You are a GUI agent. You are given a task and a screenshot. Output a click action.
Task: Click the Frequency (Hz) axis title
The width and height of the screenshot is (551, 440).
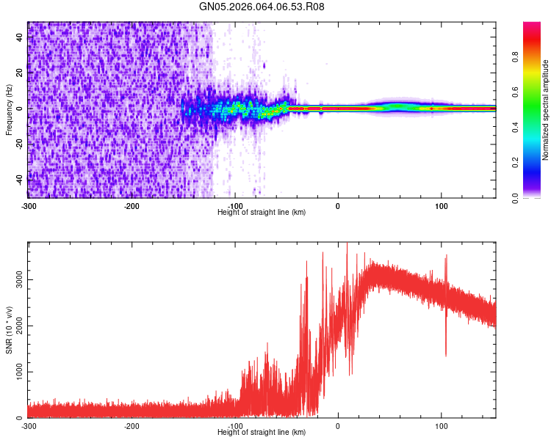pos(9,109)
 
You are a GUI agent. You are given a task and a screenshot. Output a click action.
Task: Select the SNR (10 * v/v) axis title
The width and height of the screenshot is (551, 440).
pos(9,329)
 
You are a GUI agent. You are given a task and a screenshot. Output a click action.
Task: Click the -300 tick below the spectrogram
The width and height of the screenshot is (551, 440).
pos(29,206)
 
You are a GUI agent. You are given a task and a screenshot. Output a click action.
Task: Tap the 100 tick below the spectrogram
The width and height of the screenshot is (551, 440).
pos(442,206)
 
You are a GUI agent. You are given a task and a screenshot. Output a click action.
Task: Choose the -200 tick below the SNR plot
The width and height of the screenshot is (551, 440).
pos(132,426)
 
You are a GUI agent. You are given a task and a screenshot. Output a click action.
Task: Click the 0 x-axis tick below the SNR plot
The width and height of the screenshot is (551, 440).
pos(338,426)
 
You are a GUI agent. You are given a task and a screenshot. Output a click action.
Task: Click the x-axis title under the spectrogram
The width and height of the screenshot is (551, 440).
pos(262,212)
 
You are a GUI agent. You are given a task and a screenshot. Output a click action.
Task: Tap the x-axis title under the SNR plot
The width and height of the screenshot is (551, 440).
pos(262,432)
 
